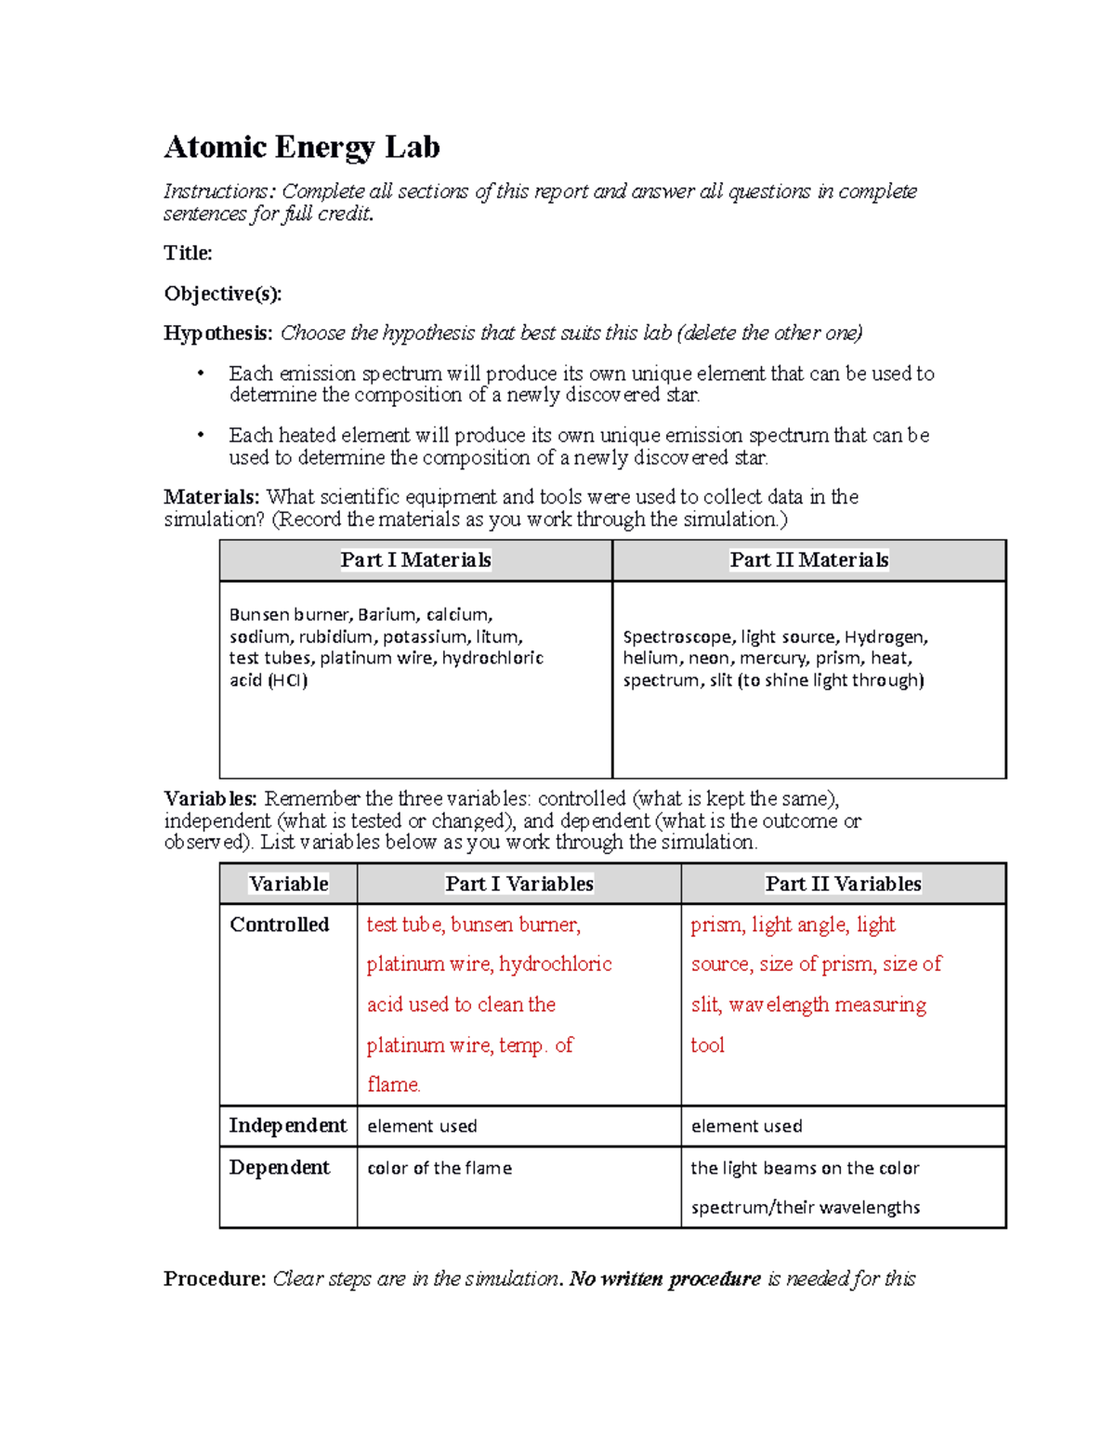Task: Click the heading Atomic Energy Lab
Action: [x=301, y=148]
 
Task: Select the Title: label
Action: [x=188, y=254]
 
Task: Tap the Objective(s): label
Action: [x=222, y=294]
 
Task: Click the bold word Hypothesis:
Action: [x=218, y=334]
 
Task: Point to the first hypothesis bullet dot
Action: [x=200, y=374]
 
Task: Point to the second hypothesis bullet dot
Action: [x=200, y=436]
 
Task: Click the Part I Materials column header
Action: [x=415, y=560]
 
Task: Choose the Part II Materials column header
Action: [x=808, y=560]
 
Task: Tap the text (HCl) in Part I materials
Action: [x=287, y=680]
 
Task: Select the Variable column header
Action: [x=288, y=884]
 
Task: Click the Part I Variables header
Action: [x=518, y=884]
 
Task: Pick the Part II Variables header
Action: [x=843, y=884]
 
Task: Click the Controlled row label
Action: [x=279, y=925]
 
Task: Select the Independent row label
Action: [x=287, y=1126]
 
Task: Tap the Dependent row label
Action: [x=279, y=1168]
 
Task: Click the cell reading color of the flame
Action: [x=439, y=1168]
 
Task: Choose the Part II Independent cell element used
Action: [x=746, y=1126]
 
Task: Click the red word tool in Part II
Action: [x=707, y=1045]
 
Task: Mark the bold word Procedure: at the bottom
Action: [x=215, y=1279]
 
